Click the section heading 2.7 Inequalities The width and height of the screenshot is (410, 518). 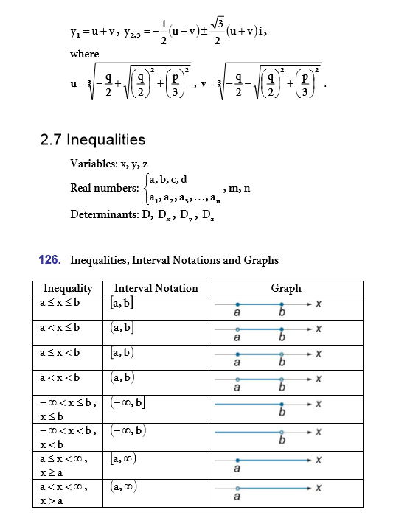[x=92, y=139]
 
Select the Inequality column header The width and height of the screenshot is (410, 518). [x=68, y=288]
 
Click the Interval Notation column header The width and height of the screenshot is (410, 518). [x=156, y=288]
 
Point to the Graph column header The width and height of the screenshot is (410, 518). [x=285, y=288]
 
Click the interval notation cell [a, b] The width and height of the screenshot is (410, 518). [x=122, y=303]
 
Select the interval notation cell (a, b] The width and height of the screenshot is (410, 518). [x=122, y=328]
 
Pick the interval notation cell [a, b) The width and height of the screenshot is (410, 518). [x=122, y=353]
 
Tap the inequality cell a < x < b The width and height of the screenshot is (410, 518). [x=60, y=378]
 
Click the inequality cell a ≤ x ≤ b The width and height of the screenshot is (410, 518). [x=60, y=303]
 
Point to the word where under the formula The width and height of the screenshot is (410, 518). [x=84, y=54]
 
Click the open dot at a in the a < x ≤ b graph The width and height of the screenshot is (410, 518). [x=237, y=329]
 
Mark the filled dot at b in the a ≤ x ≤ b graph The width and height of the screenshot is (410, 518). [x=282, y=304]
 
